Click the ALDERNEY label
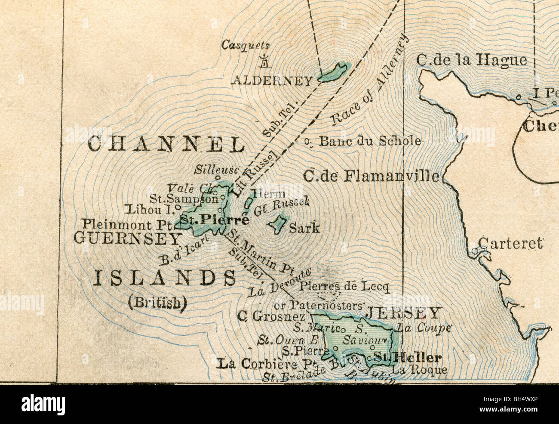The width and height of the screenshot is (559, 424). pos(272,80)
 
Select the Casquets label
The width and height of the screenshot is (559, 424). pos(246,45)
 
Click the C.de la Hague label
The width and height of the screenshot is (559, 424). pos(471,60)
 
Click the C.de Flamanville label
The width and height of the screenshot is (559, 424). pos(372,176)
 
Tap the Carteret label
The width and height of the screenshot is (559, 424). pos(510,243)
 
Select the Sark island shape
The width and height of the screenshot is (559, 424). pos(278,223)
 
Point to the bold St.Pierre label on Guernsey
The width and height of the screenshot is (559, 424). pos(214,220)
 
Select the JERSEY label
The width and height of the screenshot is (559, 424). pos(403,313)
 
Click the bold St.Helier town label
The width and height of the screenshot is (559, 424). pos(407,357)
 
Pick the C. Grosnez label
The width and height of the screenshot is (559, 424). pos(271,316)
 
